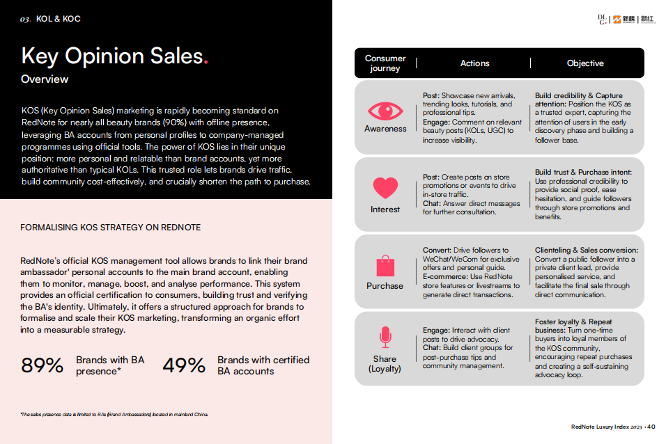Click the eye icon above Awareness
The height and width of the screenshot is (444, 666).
pos(385,111)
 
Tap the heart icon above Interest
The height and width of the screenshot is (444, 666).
pos(385,188)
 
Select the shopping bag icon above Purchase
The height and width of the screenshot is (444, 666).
pos(385,265)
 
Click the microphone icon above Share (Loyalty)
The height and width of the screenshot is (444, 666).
pos(385,338)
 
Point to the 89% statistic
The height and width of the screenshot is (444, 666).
pos(42,365)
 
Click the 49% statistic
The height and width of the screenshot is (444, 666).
pos(184,365)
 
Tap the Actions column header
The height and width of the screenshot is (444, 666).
pos(474,63)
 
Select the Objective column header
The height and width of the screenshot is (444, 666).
pos(585,63)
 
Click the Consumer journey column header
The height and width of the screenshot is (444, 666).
pos(385,63)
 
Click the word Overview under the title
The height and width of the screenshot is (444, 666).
pos(45,79)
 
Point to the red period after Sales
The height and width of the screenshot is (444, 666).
pos(205,61)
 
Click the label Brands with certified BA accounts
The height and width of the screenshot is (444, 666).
pos(263,365)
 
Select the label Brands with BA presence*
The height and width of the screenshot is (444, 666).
pos(110,365)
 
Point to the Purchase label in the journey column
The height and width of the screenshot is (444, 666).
pos(385,286)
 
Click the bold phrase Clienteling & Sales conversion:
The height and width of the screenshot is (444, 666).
pos(586,250)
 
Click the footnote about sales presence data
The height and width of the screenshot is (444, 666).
pos(114,415)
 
